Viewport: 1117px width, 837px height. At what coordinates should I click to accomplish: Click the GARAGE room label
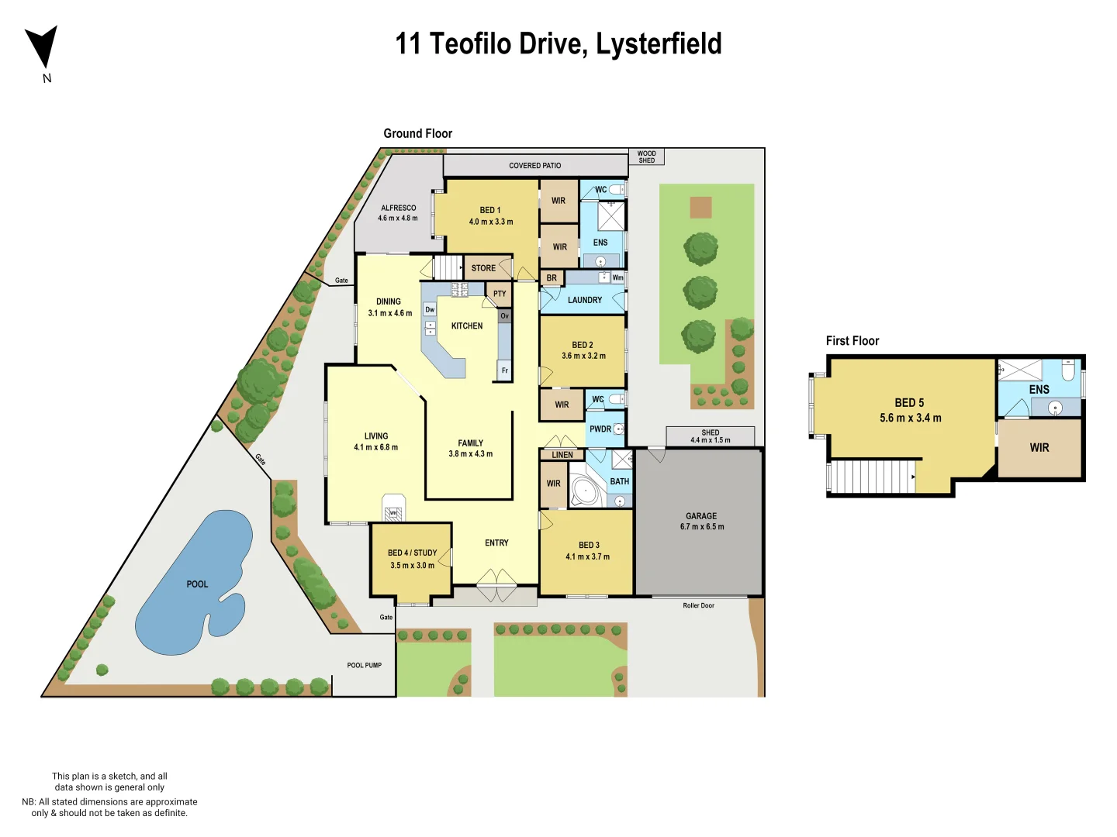click(701, 516)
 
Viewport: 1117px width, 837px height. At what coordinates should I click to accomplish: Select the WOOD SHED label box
click(646, 157)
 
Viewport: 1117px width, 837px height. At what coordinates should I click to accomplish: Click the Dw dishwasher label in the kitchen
click(430, 309)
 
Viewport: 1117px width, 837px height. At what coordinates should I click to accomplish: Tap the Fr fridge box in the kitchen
click(504, 370)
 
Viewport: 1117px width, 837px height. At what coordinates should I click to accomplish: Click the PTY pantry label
click(500, 294)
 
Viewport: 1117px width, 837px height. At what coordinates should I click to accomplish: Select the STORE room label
click(483, 268)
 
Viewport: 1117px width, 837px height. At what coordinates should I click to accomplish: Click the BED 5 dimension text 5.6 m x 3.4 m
click(910, 418)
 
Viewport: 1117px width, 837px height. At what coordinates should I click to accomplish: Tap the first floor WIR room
click(1039, 448)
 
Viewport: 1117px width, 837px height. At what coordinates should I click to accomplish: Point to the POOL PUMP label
click(364, 665)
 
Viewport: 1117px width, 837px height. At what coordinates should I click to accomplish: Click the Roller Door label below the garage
click(698, 605)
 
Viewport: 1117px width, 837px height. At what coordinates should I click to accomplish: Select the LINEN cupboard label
click(562, 455)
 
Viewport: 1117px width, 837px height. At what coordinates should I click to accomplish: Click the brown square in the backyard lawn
click(700, 207)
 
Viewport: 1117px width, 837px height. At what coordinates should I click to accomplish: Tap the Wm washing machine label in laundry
click(617, 277)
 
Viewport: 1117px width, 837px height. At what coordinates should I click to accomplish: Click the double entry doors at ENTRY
click(496, 585)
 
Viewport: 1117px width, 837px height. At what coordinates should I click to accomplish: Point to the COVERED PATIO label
click(534, 165)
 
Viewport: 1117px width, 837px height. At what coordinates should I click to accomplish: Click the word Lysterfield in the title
click(659, 43)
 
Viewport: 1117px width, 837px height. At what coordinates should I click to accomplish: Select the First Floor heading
click(852, 341)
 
